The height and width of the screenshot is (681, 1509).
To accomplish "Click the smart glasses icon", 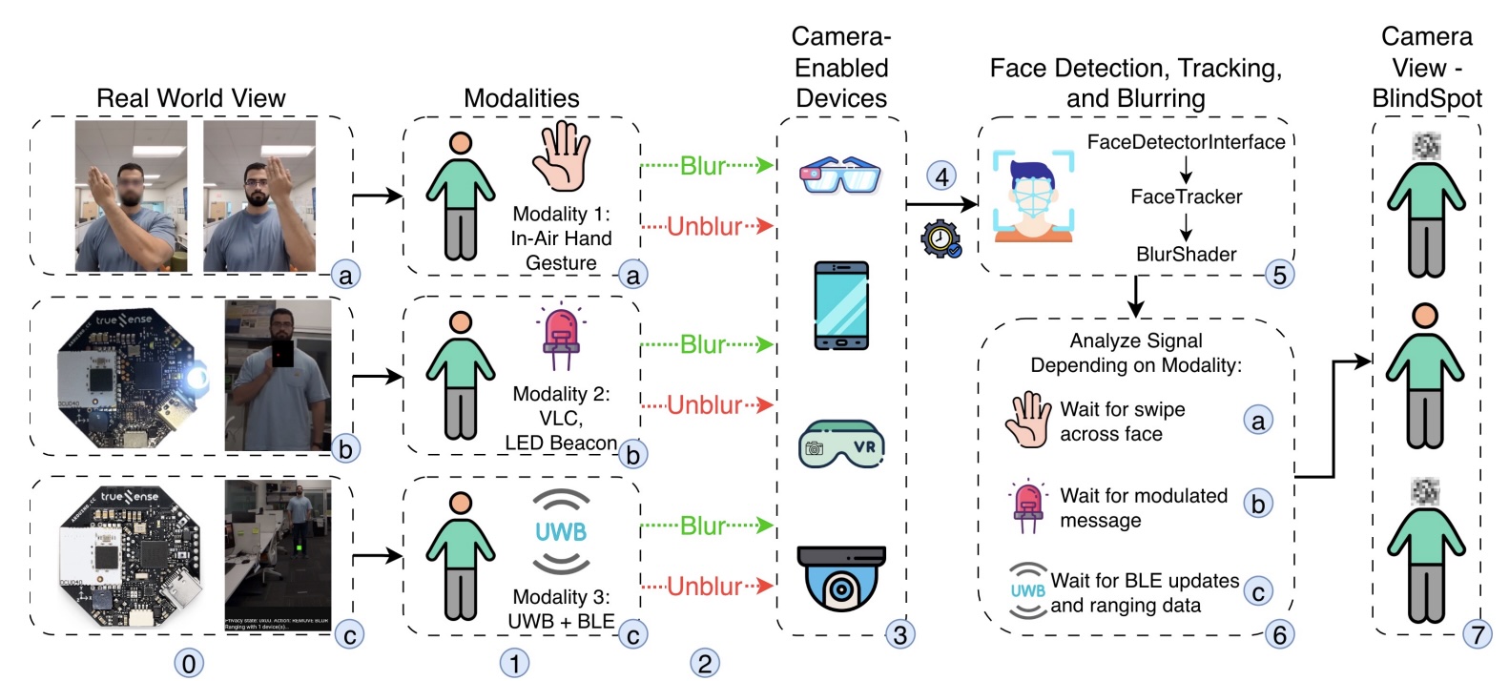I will coord(840,175).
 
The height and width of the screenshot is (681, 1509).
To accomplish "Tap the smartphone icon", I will coord(840,305).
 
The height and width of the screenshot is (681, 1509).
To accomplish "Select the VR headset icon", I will coord(840,444).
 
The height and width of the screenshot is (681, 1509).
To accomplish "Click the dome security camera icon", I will coord(840,578).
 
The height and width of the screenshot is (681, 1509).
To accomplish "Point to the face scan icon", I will coord(1033,195).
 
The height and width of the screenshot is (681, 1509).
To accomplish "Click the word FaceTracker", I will coord(1186,196).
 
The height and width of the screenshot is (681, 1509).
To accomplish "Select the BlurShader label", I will coord(1186,254).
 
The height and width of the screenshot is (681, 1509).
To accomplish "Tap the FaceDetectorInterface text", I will coord(1186,142).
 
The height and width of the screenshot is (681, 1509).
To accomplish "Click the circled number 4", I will coord(941,175).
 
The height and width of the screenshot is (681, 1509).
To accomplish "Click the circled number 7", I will coord(1477,634).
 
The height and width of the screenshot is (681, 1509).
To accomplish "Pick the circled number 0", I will coord(189,663).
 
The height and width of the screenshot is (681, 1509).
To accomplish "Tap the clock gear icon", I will coord(941,238).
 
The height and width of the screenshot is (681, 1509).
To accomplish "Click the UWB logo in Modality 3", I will coord(561,531).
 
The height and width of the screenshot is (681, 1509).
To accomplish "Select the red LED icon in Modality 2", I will coord(561,338).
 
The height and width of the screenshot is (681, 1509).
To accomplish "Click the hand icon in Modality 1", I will coord(561,156).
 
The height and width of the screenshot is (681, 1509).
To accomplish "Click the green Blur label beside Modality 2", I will coord(704,344).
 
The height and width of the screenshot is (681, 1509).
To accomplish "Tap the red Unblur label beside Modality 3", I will coord(704,586).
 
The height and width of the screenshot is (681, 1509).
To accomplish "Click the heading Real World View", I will coord(191,98).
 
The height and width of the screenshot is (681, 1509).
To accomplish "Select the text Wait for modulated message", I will coord(1143,507).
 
